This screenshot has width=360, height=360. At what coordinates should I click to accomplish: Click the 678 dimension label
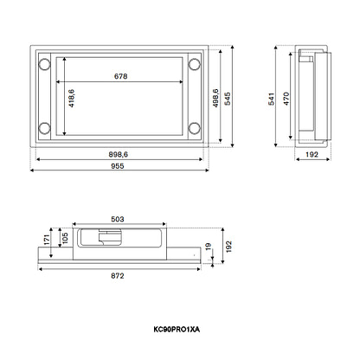[x=120, y=76]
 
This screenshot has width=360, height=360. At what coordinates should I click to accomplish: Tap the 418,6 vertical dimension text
[x=71, y=99]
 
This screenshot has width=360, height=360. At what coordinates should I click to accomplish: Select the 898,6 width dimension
[x=119, y=154]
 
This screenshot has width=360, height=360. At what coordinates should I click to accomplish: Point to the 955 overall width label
[x=118, y=166]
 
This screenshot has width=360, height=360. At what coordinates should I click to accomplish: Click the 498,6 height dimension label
[x=215, y=99]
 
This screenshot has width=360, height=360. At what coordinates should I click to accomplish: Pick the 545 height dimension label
[x=228, y=99]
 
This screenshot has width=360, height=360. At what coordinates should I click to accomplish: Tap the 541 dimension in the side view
[x=272, y=99]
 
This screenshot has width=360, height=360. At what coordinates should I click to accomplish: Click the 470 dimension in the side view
[x=286, y=99]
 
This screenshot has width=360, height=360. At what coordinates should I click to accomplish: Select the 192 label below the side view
[x=312, y=154]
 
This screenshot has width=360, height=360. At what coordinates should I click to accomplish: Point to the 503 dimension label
[x=118, y=219]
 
